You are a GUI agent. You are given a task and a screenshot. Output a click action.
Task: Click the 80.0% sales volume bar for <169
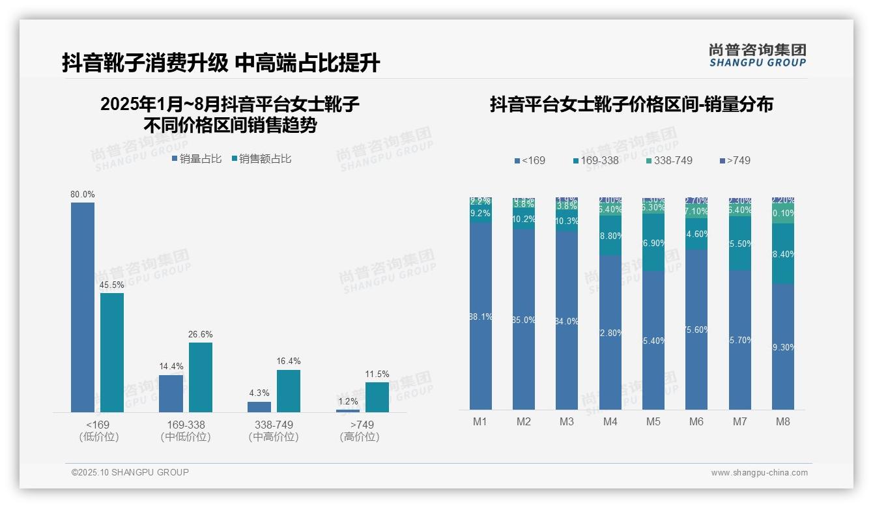click(83, 307)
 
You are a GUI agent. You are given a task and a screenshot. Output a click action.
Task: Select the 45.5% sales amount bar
click(112, 352)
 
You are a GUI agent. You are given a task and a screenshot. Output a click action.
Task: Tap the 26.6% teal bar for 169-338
click(201, 377)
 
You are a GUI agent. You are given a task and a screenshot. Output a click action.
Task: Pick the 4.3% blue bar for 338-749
click(259, 407)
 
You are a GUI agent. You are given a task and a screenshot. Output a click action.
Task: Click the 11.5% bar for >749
click(377, 397)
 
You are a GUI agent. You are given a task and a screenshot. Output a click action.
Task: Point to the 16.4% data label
click(289, 361)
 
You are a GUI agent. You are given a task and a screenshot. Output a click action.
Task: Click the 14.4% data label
click(171, 367)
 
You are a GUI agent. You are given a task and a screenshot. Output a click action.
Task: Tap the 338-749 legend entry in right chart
click(669, 160)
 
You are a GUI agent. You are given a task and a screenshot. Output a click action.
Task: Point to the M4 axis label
click(610, 421)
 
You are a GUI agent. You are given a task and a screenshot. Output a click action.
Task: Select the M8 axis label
click(782, 421)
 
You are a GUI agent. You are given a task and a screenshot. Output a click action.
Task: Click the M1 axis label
click(480, 421)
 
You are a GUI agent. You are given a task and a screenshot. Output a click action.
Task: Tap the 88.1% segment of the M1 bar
click(481, 317)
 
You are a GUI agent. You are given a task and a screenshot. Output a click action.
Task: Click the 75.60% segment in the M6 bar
click(696, 330)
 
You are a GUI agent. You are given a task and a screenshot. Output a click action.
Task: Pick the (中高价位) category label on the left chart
click(274, 437)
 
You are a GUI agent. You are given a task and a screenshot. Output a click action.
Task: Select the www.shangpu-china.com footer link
click(759, 473)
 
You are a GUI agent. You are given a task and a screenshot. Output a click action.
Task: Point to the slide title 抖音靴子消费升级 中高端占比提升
click(221, 63)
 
